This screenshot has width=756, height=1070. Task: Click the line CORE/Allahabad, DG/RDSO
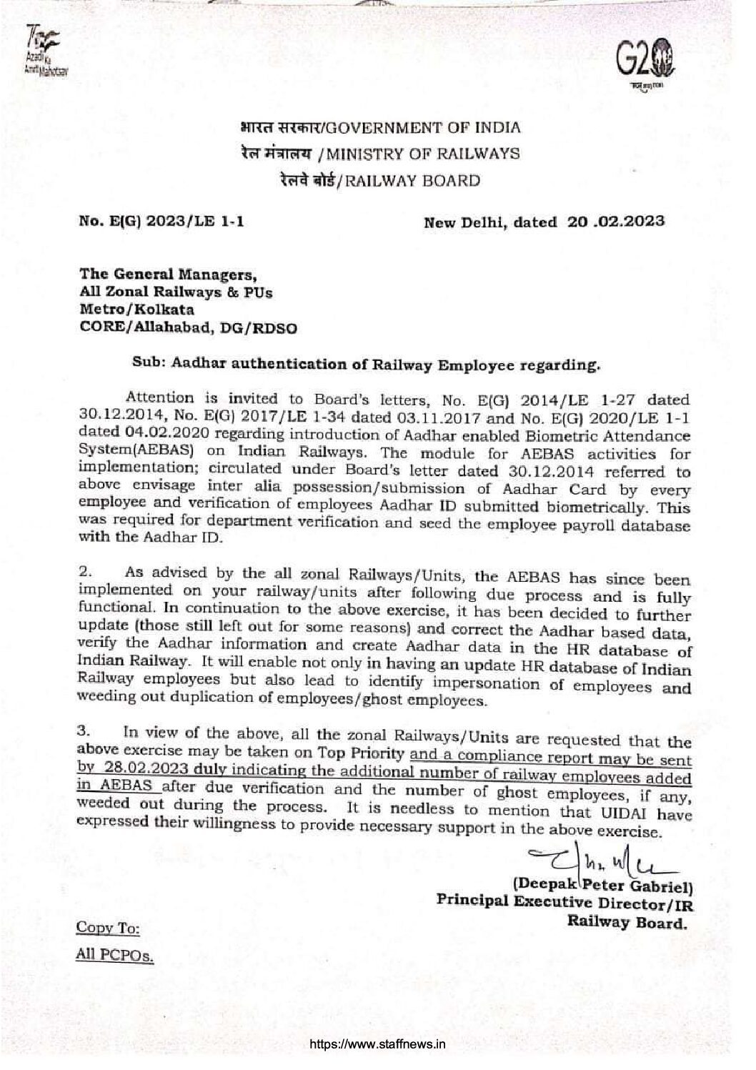[187, 329]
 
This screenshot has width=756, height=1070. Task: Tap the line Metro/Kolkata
[136, 310]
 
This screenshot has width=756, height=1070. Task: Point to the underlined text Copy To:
[108, 928]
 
